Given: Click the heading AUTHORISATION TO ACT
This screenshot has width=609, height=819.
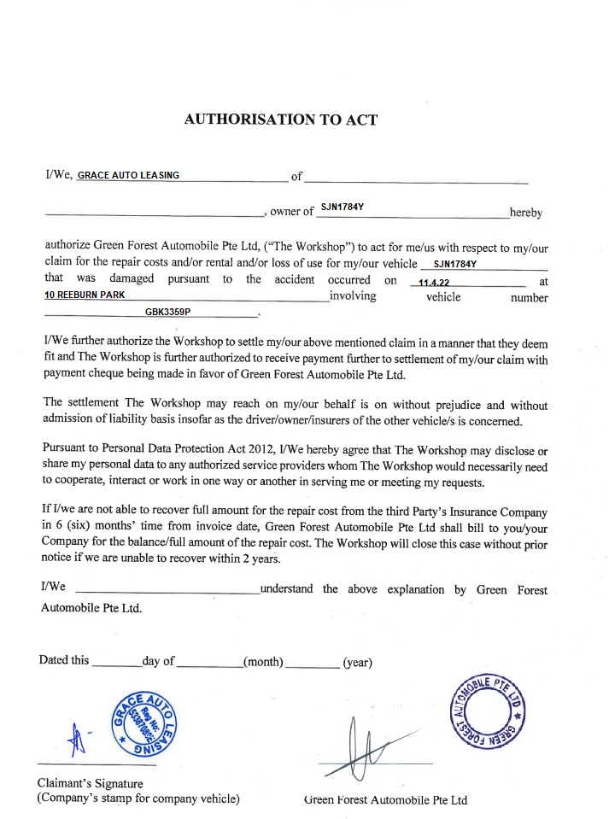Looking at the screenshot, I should click(x=280, y=120).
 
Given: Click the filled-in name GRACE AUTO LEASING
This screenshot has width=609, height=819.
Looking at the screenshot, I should click(x=128, y=175).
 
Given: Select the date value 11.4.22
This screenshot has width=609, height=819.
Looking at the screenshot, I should click(x=434, y=282).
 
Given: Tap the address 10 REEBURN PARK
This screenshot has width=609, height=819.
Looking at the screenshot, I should click(x=85, y=295).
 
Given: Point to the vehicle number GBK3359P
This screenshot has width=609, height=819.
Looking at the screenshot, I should click(x=167, y=313).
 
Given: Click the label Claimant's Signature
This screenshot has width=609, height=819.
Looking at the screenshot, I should click(x=91, y=783).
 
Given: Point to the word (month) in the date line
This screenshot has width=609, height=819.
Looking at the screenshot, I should click(x=263, y=661).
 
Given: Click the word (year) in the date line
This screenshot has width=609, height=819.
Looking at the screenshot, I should click(x=357, y=662).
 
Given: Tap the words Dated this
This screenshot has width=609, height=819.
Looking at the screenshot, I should click(x=64, y=660).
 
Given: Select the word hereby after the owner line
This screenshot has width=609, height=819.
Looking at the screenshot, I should click(x=525, y=213).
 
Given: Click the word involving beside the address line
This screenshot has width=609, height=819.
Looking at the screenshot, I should click(x=353, y=296).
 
